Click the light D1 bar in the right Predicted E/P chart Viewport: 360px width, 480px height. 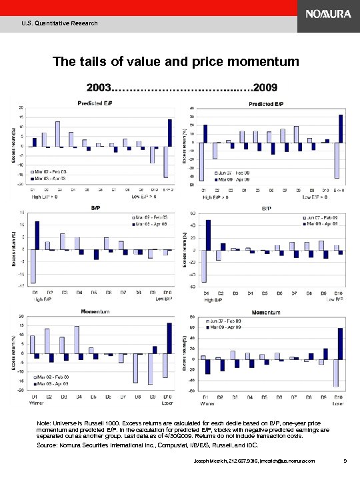click(202, 161)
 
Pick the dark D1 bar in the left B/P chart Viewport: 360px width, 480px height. click(37, 235)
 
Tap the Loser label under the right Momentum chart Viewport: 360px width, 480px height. click(337, 404)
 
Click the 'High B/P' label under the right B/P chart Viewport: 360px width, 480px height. click(213, 300)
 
